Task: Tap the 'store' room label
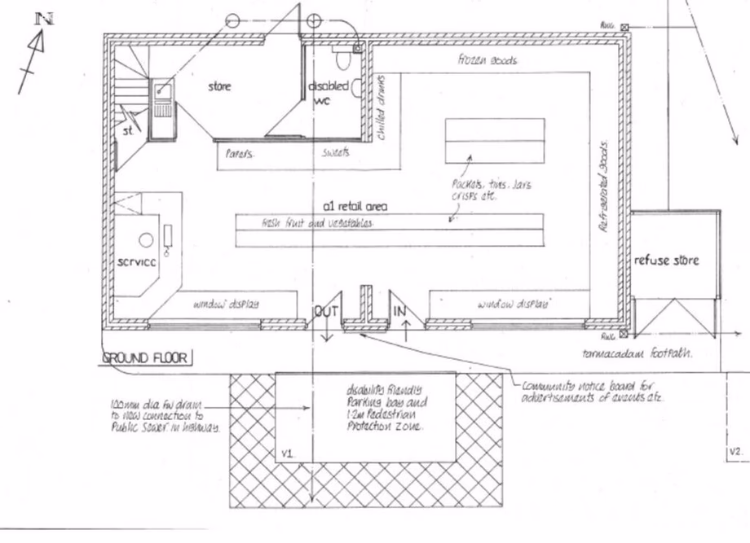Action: (x=219, y=86)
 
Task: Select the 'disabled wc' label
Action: (x=328, y=92)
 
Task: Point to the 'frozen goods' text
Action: (x=487, y=60)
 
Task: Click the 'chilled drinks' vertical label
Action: (x=381, y=108)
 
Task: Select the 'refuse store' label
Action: (x=666, y=261)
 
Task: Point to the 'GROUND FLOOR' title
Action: (x=145, y=357)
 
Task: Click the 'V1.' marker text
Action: (x=286, y=453)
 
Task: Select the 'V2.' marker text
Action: (x=735, y=450)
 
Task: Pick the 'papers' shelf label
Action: (x=240, y=153)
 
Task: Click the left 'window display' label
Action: (x=226, y=304)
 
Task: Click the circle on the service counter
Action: (x=145, y=240)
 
